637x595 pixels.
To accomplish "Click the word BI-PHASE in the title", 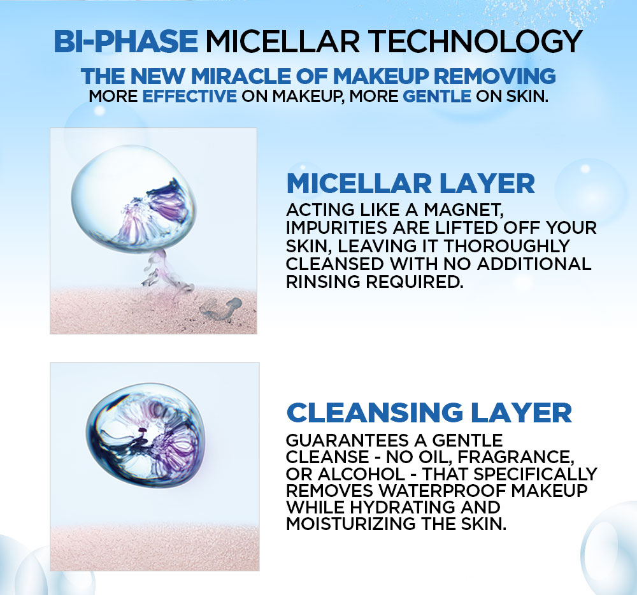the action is click(126, 41).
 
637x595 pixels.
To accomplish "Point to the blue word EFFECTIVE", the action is click(190, 96).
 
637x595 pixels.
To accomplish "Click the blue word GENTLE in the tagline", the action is click(437, 96).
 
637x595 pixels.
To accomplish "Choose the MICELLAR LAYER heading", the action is click(411, 183).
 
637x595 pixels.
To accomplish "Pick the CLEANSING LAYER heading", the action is click(429, 413).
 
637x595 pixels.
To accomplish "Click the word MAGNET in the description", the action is click(464, 210).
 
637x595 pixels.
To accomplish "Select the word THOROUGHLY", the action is click(506, 246).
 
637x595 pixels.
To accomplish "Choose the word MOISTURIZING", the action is click(351, 524).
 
